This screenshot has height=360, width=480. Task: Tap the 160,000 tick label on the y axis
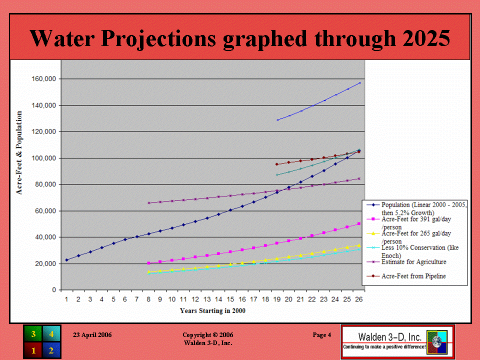tap(44, 79)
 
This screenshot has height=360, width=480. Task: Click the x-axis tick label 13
tap(207, 299)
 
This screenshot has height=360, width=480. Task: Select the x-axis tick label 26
tap(359, 299)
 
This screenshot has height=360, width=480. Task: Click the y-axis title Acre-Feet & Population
tap(19, 153)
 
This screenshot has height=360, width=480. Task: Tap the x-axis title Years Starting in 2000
tap(213, 310)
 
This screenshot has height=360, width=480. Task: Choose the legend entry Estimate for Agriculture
tap(413, 261)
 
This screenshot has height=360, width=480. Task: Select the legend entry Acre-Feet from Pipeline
tap(413, 276)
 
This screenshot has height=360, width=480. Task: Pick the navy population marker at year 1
tap(66, 260)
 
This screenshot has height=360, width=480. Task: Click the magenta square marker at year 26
tap(359, 224)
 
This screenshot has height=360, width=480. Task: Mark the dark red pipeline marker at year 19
tap(277, 164)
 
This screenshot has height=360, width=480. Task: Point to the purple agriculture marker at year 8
tap(149, 203)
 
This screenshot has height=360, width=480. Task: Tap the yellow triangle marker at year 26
tap(359, 245)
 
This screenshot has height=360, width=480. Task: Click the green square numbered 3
tap(33, 334)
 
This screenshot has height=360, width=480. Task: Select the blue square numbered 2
tap(51, 350)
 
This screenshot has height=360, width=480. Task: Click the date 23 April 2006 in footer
tap(92, 335)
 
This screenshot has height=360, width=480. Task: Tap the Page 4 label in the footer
tap(321, 335)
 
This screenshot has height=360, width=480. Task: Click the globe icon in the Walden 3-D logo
tap(437, 342)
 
